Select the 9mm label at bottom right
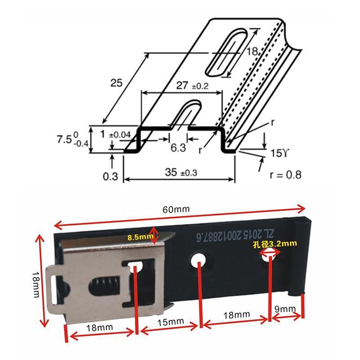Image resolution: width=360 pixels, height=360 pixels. pyautogui.click(x=285, y=309)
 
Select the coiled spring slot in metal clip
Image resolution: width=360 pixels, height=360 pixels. pyautogui.click(x=103, y=285)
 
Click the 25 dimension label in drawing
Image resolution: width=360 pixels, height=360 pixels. pyautogui.click(x=117, y=82)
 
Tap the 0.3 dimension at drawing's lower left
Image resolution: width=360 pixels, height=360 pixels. pyautogui.click(x=110, y=176)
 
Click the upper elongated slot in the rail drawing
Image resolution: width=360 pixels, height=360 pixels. pyautogui.click(x=228, y=53)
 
